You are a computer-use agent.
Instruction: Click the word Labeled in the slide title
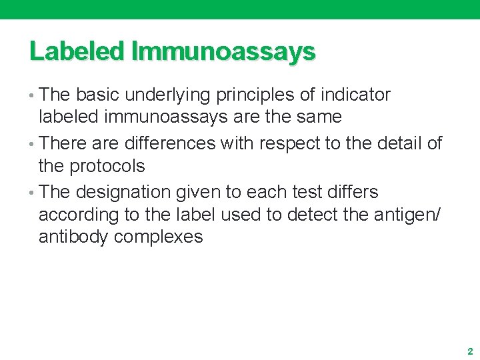(77, 51)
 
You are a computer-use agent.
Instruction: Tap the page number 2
(469, 351)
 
